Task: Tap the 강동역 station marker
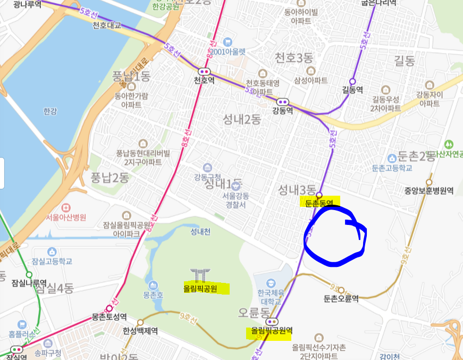click(x=283, y=101)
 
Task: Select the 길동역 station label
click(x=352, y=90)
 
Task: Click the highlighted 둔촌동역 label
click(x=319, y=203)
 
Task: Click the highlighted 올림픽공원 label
click(x=201, y=289)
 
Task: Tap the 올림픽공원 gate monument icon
click(x=200, y=275)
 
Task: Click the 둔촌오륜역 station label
click(x=341, y=298)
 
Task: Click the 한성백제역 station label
click(x=140, y=331)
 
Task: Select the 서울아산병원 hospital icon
click(x=66, y=207)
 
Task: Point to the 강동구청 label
click(x=208, y=177)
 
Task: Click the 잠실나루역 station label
click(x=29, y=282)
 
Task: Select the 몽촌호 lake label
click(x=153, y=294)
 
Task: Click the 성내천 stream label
click(x=200, y=231)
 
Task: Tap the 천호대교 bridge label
click(x=107, y=25)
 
